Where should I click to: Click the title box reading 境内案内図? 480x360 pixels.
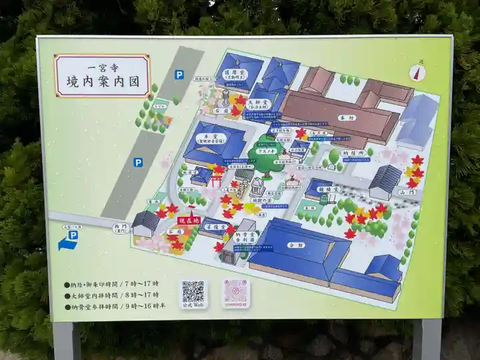click(103, 76)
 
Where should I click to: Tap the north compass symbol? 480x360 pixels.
click(419, 72)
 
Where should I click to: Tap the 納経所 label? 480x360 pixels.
click(353, 153)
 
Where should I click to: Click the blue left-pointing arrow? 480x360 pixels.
click(68, 245)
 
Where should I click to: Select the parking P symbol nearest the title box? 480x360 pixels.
click(179, 75)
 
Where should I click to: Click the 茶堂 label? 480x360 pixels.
click(213, 227)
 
